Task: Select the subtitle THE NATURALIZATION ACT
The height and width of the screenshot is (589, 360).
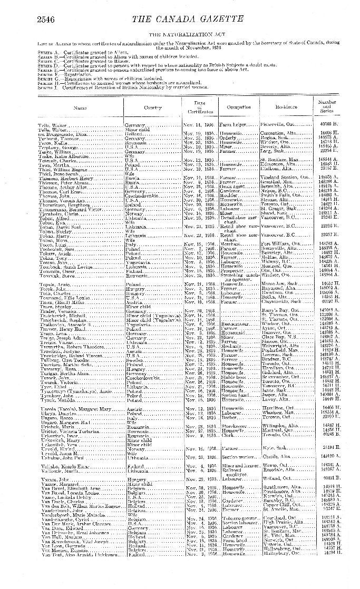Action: tap(180, 34)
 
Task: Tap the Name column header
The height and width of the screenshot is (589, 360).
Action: tap(80, 107)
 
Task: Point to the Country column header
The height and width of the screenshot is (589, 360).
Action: tap(153, 107)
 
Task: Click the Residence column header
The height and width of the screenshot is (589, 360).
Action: tap(286, 107)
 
